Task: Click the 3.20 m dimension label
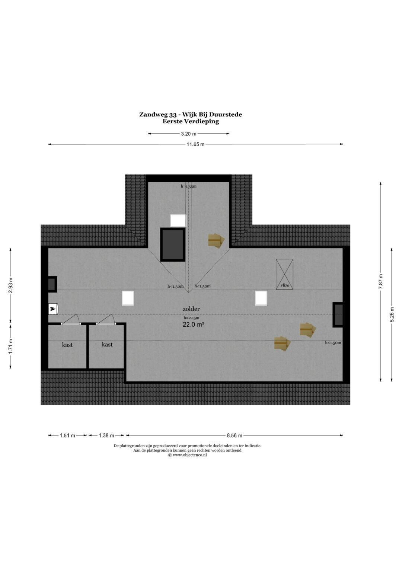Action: (x=189, y=134)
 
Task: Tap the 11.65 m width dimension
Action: (x=195, y=144)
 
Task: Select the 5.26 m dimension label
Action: (x=392, y=314)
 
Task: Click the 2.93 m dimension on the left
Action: (x=10, y=285)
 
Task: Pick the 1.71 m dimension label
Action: (x=10, y=346)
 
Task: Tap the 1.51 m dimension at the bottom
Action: (x=67, y=435)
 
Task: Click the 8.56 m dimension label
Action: (x=234, y=435)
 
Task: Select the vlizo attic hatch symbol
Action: (x=284, y=274)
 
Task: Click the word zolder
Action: (x=191, y=309)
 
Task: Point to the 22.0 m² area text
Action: (x=194, y=325)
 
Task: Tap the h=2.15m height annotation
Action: (x=191, y=317)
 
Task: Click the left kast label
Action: (x=67, y=345)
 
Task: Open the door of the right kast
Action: (x=106, y=320)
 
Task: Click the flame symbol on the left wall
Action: (x=53, y=309)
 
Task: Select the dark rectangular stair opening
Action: (x=173, y=244)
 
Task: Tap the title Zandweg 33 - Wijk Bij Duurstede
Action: (x=190, y=114)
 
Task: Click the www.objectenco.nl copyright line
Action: (x=187, y=455)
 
